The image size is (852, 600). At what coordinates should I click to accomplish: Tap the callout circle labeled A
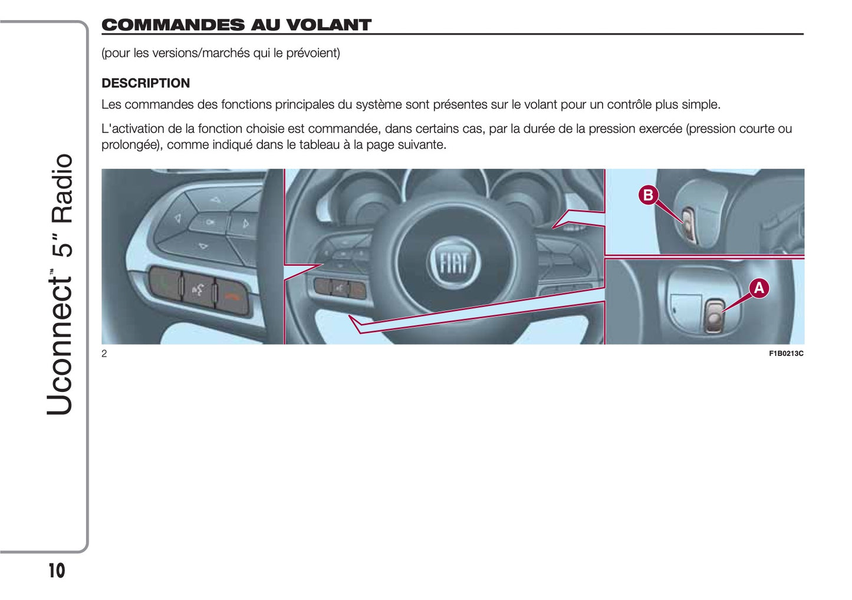pyautogui.click(x=759, y=288)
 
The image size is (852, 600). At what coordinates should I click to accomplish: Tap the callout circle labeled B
pyautogui.click(x=648, y=195)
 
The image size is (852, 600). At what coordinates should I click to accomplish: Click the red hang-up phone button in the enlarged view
pyautogui.click(x=232, y=297)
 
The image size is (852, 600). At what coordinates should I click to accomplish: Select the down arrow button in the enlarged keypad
pyautogui.click(x=203, y=246)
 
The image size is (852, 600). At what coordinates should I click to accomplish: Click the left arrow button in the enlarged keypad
pyautogui.click(x=177, y=219)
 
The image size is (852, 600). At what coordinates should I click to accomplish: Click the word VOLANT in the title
pyautogui.click(x=328, y=25)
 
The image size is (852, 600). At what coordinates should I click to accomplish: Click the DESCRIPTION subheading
pyautogui.click(x=146, y=83)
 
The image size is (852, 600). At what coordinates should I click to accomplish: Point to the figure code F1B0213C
pyautogui.click(x=786, y=354)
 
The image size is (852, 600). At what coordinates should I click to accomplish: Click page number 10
pyautogui.click(x=57, y=571)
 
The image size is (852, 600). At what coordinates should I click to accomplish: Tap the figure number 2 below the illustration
pyautogui.click(x=104, y=354)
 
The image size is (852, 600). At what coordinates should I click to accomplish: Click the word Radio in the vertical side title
pyautogui.click(x=61, y=189)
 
